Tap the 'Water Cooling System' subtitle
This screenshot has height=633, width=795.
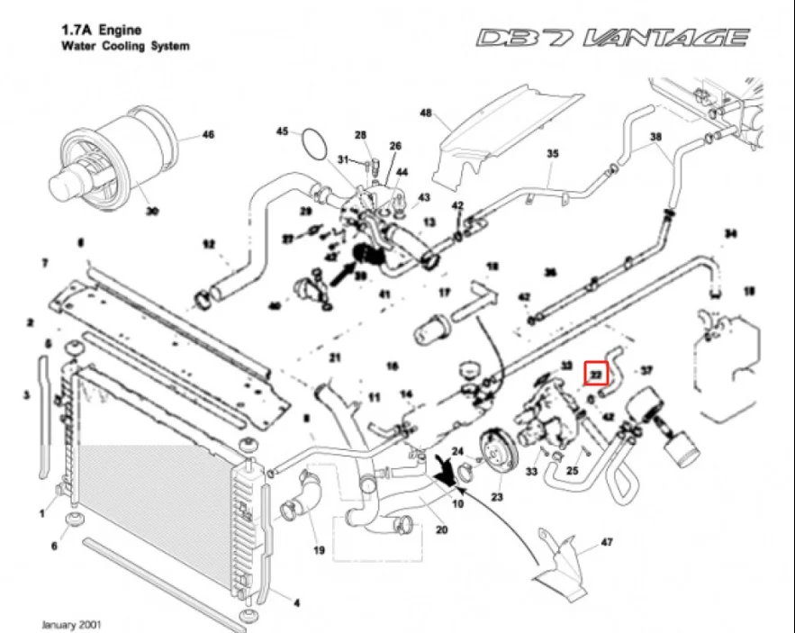coord(125,45)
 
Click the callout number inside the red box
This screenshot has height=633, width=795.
coord(596,370)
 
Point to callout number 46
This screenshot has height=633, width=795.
coord(208,136)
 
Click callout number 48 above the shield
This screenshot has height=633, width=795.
coord(427,113)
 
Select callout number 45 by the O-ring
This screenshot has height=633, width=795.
coord(282,132)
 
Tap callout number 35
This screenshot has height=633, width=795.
coord(553,154)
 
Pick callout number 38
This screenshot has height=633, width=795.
coord(655,137)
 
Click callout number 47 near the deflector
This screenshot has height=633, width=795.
coord(607,543)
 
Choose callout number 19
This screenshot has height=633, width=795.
coord(318,549)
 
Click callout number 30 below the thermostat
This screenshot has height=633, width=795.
coord(152,213)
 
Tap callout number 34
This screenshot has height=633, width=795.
coord(730,235)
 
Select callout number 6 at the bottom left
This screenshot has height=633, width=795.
coord(54,547)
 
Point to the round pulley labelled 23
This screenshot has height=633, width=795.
coord(494,450)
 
